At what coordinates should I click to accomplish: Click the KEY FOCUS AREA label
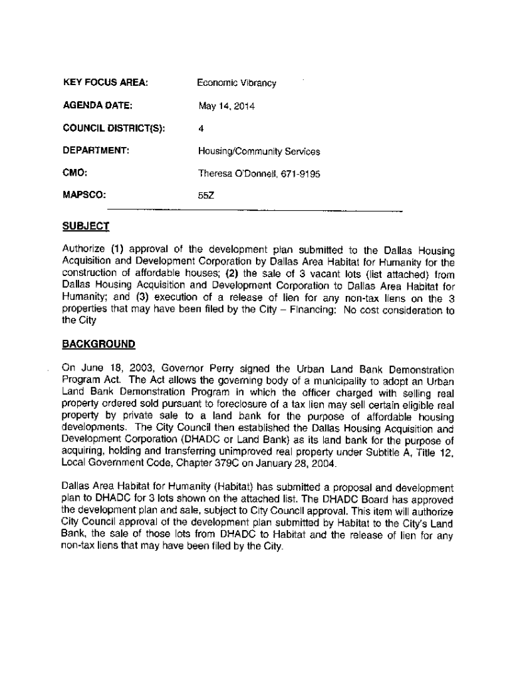click(x=104, y=83)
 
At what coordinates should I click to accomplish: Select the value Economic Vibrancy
click(x=236, y=83)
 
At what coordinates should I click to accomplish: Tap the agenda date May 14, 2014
click(x=226, y=106)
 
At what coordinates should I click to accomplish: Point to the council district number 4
click(x=200, y=129)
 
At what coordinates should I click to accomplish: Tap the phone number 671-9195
click(x=301, y=174)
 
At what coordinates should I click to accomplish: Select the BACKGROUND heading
click(x=98, y=344)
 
